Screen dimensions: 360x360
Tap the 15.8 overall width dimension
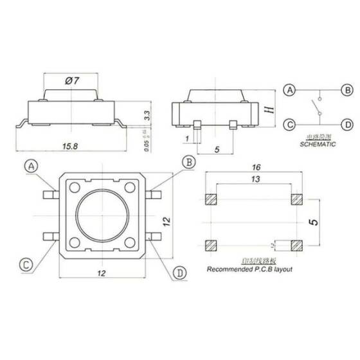pyautogui.click(x=70, y=147)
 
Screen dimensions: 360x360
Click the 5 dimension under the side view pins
pyautogui.click(x=217, y=149)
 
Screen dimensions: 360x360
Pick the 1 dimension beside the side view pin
pyautogui.click(x=186, y=138)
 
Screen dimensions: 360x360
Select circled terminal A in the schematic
pyautogui.click(x=291, y=90)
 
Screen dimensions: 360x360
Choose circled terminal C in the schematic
pyautogui.click(x=291, y=124)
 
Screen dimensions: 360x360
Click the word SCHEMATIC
pyautogui.click(x=318, y=145)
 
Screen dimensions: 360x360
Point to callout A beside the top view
pyautogui.click(x=32, y=166)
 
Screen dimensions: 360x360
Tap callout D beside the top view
pyautogui.click(x=180, y=273)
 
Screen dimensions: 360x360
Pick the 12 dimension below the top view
pyautogui.click(x=101, y=273)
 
